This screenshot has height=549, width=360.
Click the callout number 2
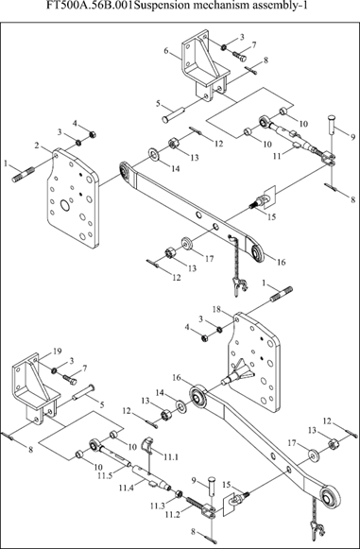pyautogui.click(x=37, y=146)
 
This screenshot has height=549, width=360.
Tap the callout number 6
pyautogui.click(x=166, y=51)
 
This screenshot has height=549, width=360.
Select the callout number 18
pyautogui.click(x=217, y=309)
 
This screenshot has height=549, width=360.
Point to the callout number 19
pyautogui.click(x=57, y=352)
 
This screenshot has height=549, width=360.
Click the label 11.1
pyautogui.click(x=170, y=456)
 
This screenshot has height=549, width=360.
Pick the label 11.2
pyautogui.click(x=172, y=514)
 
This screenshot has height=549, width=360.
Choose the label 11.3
pyautogui.click(x=158, y=506)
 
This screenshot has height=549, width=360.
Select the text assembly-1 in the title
pyautogui.click(x=285, y=7)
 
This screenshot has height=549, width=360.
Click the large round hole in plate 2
pyautogui.click(x=65, y=205)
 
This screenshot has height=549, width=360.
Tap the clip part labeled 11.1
pyautogui.click(x=146, y=443)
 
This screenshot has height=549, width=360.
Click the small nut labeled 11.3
pyautogui.click(x=179, y=494)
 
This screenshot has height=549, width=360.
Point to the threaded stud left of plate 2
pyautogui.click(x=23, y=175)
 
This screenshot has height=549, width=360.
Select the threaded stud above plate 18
pyautogui.click(x=282, y=293)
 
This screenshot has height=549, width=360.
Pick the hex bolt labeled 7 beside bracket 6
pyautogui.click(x=239, y=56)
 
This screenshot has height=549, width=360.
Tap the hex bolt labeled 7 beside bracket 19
pyautogui.click(x=70, y=379)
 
